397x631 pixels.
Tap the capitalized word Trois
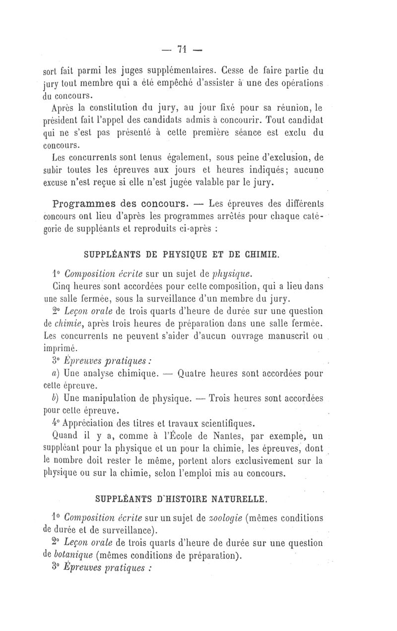(225, 398)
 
